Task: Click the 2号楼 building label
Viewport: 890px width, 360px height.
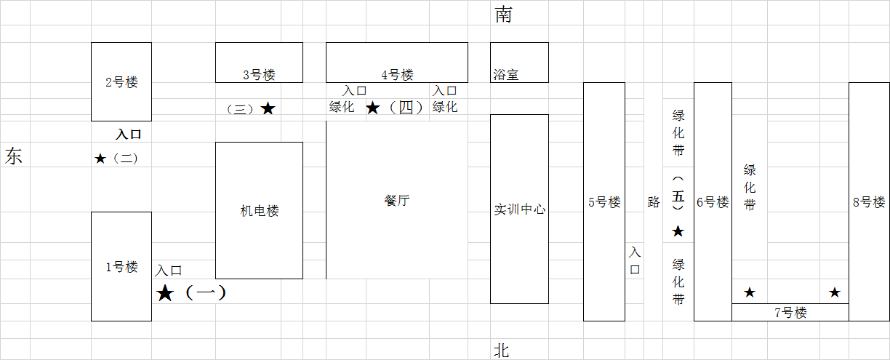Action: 121,82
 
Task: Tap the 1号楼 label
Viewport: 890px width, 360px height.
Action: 121,267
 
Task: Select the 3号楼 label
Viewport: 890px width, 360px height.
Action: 259,74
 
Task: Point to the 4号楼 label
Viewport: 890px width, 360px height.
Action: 397,74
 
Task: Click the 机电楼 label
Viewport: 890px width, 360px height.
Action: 260,211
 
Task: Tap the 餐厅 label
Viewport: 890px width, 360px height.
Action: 397,201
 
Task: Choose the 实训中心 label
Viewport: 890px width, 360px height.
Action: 519,209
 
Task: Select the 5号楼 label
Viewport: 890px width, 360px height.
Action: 604,202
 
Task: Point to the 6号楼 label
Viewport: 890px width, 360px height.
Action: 713,202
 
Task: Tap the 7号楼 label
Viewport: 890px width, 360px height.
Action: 790,313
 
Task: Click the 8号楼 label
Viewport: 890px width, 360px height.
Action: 869,202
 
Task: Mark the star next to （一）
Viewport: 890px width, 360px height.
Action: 166,293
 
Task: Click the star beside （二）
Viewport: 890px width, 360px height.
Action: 100,159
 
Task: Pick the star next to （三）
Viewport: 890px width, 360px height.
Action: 268,108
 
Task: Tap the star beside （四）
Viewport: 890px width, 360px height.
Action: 372,108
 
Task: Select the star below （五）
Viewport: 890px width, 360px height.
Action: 678,231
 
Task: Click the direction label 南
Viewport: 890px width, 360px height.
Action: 502,15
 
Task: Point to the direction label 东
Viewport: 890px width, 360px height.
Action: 14,156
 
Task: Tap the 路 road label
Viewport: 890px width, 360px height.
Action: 654,202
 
